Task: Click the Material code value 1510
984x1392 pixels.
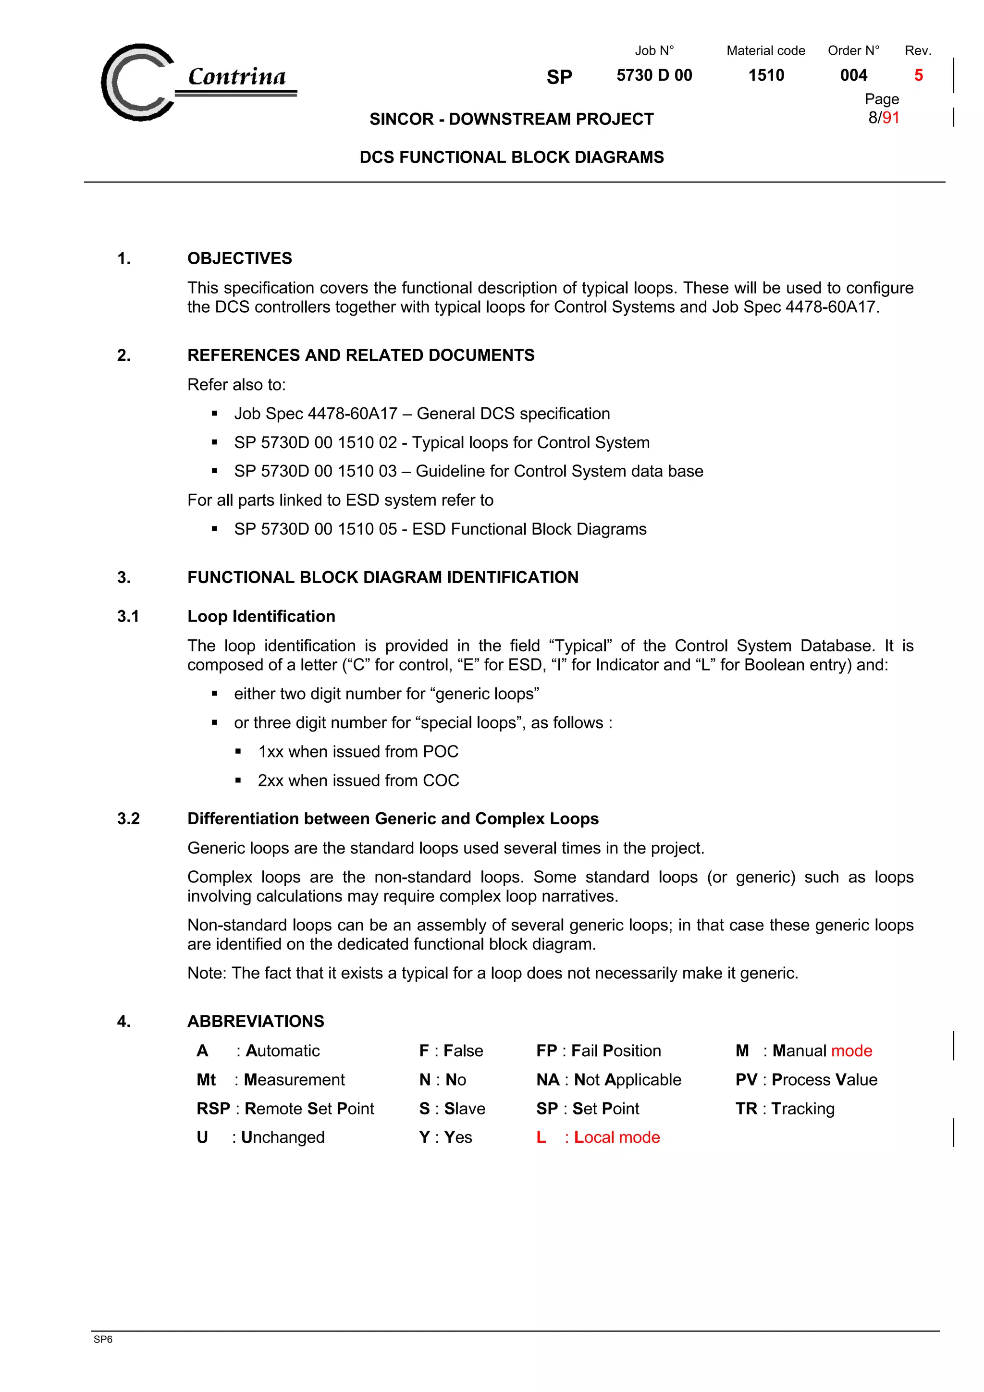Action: tap(766, 75)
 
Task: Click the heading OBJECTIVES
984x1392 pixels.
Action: tap(239, 258)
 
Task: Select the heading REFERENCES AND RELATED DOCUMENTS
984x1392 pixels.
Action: tap(361, 355)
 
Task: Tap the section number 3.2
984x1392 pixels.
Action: tap(129, 818)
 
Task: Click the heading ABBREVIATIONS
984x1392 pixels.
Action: tap(255, 1021)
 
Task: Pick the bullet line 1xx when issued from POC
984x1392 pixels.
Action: tap(357, 752)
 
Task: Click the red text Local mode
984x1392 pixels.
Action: tap(616, 1137)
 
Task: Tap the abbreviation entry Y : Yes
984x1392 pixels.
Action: tap(445, 1137)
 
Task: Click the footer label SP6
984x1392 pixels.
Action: tap(103, 1339)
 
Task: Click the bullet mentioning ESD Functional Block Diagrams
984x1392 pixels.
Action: tap(440, 529)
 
